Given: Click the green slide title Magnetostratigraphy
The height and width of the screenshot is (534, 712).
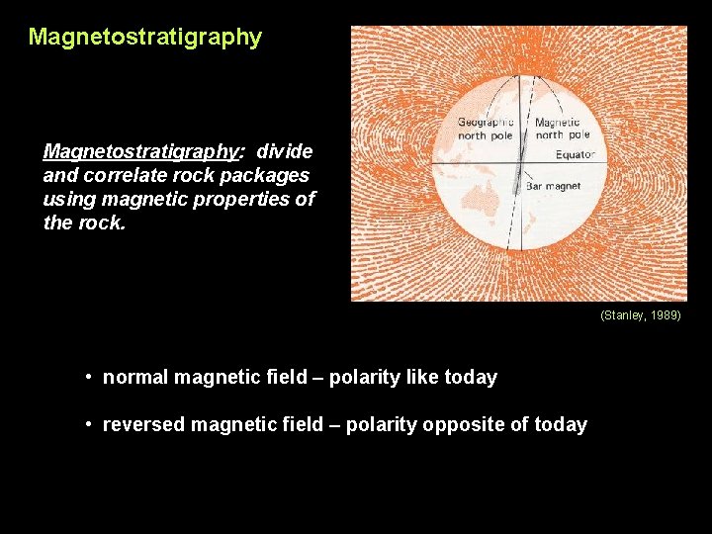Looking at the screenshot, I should click(x=144, y=38).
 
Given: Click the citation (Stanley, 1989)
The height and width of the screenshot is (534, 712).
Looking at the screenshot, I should click(x=640, y=315).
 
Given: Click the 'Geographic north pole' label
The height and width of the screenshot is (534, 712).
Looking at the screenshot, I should click(x=485, y=129).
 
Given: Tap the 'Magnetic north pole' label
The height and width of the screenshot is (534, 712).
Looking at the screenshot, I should click(x=562, y=129).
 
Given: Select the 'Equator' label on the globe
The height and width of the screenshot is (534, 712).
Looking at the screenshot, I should click(x=574, y=155).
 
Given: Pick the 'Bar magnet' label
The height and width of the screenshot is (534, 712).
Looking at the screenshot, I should click(x=553, y=186).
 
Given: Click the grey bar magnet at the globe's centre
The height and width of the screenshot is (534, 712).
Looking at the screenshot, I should click(x=517, y=168).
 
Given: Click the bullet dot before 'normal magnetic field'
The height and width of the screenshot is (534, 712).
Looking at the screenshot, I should click(x=89, y=377).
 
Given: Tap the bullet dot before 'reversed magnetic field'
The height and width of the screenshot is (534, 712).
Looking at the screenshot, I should click(x=89, y=424).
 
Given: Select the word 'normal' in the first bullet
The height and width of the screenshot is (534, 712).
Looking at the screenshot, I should click(x=134, y=377).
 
